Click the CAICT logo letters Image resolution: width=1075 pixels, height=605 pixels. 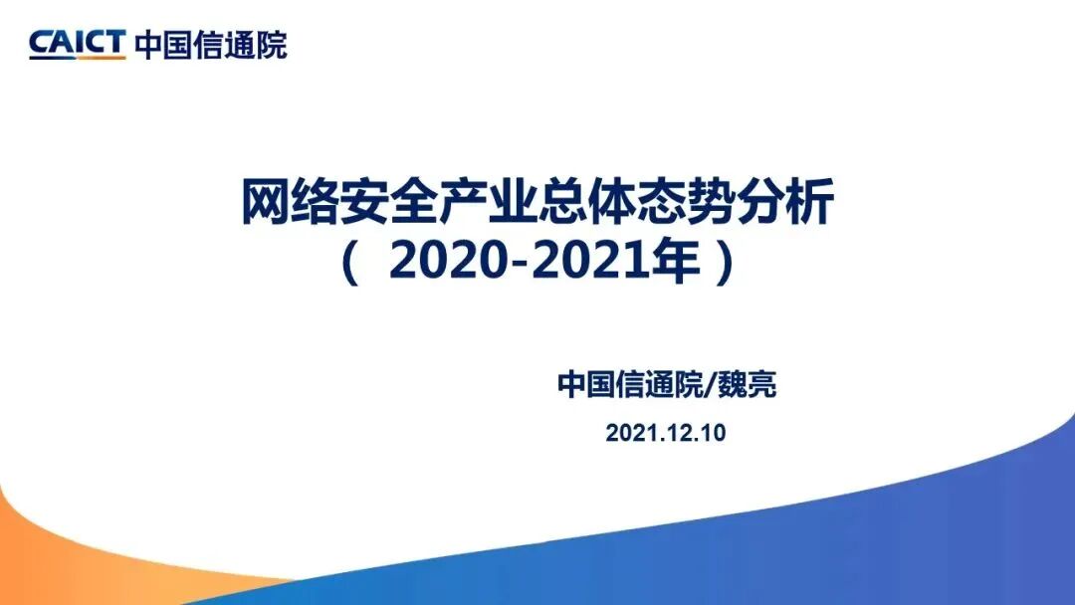(77, 42)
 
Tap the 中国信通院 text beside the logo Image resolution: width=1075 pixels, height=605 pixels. (210, 45)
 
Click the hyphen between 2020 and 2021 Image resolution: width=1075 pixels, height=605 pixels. (510, 265)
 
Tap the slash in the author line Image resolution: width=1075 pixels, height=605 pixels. (709, 385)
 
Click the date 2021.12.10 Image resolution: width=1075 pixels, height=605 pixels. (666, 433)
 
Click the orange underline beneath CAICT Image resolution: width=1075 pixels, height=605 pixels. (77, 58)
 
